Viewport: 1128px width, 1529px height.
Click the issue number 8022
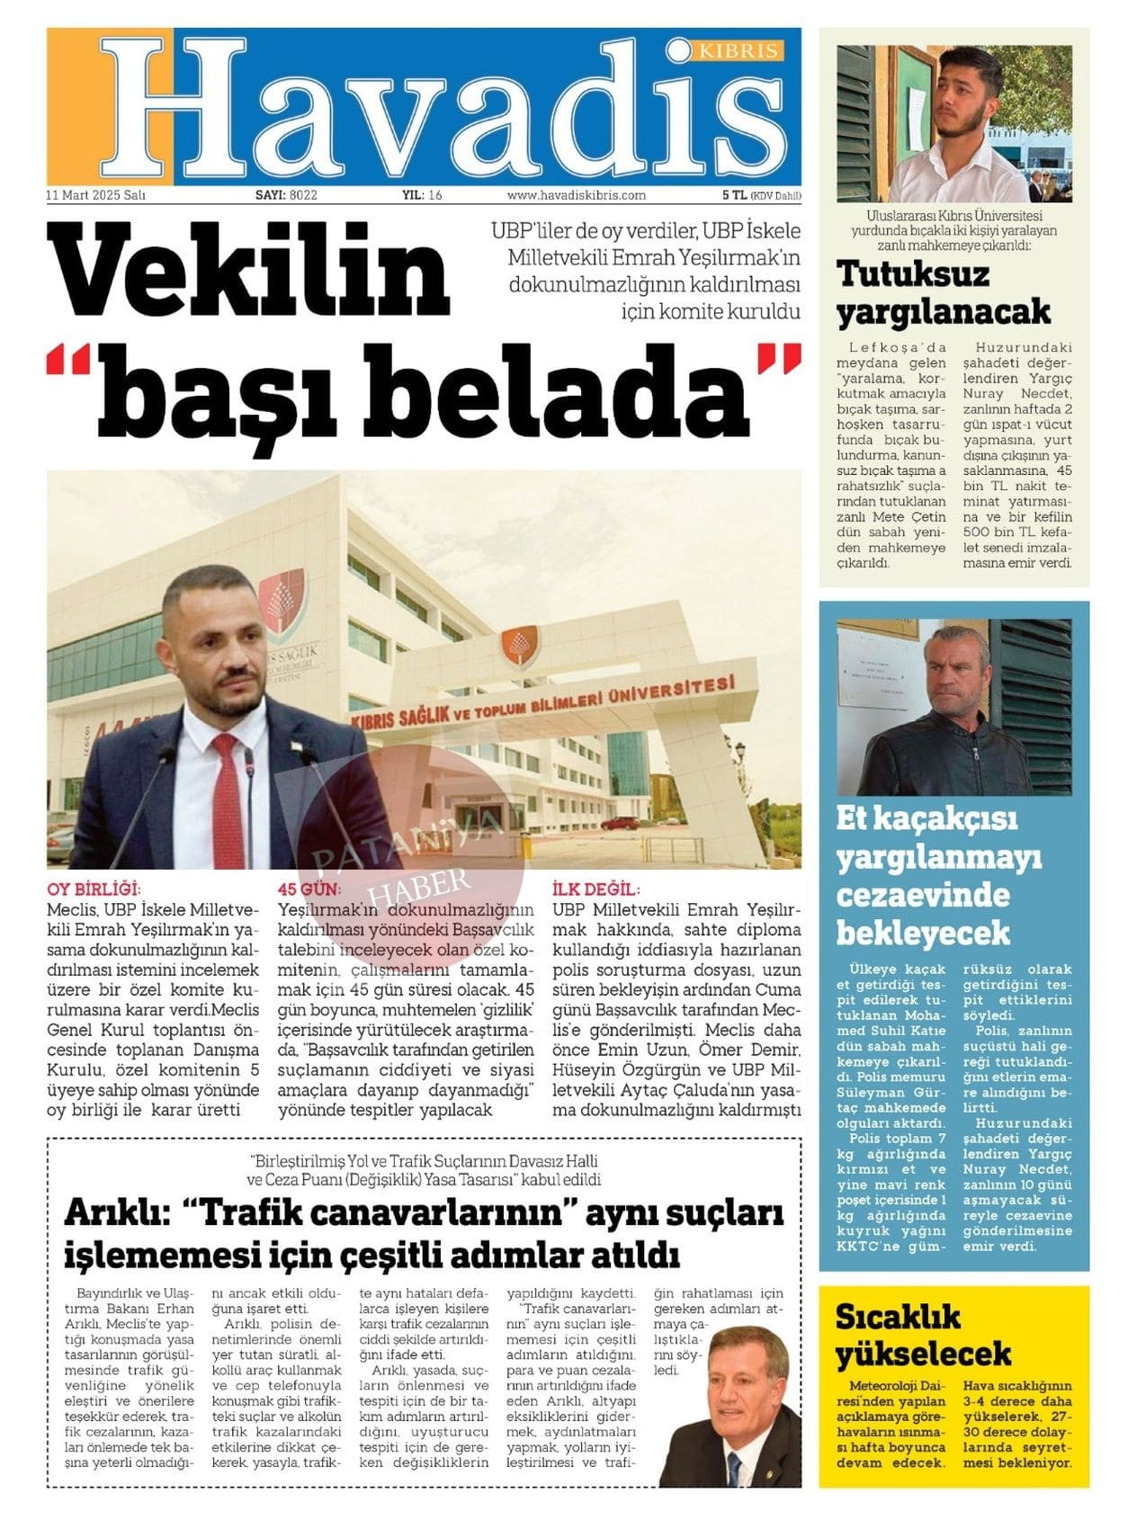(302, 194)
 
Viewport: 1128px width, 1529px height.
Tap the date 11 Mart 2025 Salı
(96, 194)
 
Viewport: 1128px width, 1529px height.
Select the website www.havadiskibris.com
(576, 194)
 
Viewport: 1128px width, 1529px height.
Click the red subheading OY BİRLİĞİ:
(94, 890)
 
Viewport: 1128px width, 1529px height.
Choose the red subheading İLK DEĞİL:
(595, 890)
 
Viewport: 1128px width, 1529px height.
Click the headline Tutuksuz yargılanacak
(943, 292)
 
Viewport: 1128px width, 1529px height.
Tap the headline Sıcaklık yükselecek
(923, 1335)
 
